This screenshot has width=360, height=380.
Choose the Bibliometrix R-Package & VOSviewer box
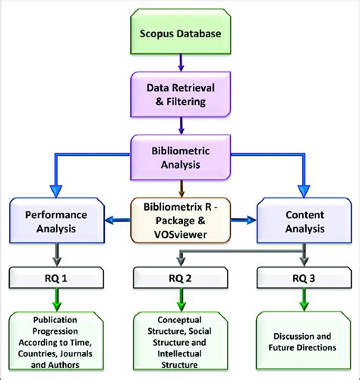click(x=179, y=220)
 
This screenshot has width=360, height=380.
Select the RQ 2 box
click(x=179, y=277)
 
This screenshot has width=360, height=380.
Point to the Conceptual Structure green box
click(x=179, y=340)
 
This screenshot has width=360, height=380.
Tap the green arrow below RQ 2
click(x=179, y=302)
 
